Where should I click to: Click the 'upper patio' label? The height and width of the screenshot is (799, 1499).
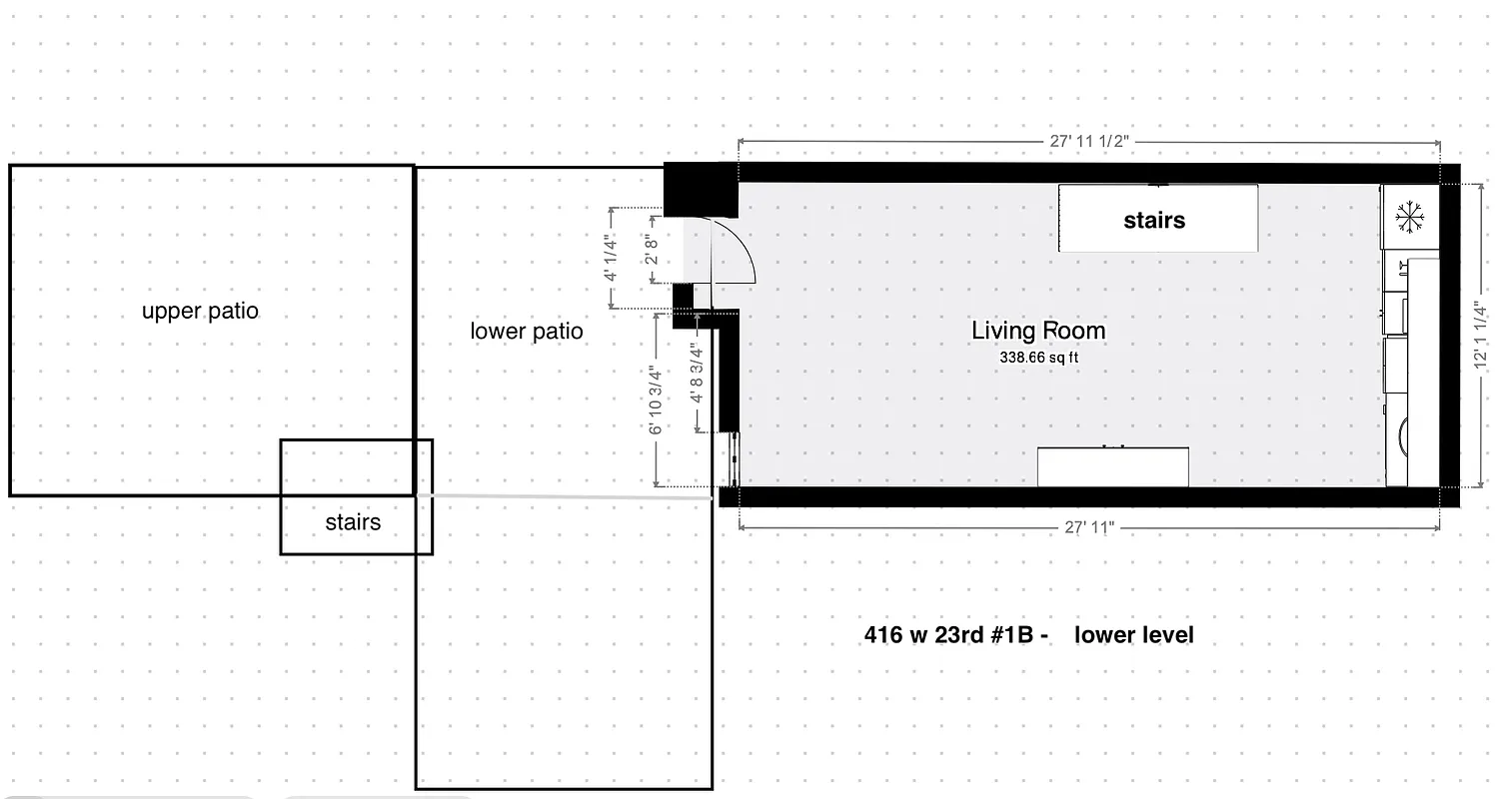tap(200, 311)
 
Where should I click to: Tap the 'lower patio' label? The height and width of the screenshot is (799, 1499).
tap(527, 331)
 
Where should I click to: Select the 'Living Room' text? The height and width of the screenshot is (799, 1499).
tap(1038, 331)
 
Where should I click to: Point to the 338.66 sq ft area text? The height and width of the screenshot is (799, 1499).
tap(1038, 357)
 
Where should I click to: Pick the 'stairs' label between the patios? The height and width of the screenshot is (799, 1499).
tap(353, 522)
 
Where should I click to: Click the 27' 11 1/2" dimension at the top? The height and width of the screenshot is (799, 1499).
tap(1088, 141)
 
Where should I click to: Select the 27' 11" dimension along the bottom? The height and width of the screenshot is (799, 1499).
tap(1088, 526)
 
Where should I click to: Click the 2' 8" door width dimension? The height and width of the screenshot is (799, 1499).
tap(651, 258)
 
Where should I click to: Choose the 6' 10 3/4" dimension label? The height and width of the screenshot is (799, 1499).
tap(656, 399)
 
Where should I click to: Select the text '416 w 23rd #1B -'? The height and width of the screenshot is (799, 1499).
tap(955, 635)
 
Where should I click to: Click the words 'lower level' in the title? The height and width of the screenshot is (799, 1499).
tap(1134, 635)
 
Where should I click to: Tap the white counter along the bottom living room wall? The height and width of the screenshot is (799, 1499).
tap(1112, 466)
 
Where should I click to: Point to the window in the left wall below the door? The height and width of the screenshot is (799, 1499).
tap(734, 459)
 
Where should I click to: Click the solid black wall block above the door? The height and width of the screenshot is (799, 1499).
tap(701, 191)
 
